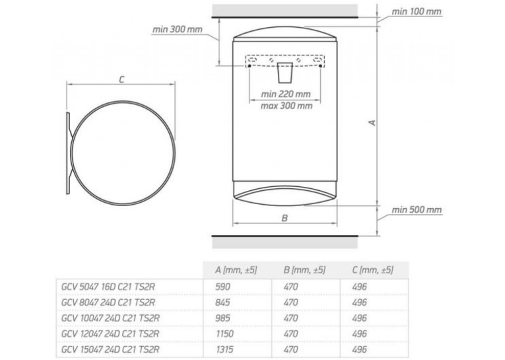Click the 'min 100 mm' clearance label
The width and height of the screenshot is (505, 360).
click(416, 12)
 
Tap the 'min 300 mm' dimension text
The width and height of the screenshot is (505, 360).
click(177, 30)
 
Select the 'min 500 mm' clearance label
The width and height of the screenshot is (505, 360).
click(416, 210)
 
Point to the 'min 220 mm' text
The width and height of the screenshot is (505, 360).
click(285, 94)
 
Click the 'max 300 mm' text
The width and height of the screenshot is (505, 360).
click(286, 106)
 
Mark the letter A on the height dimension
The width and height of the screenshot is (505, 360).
click(372, 123)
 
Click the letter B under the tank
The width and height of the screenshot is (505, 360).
click(285, 218)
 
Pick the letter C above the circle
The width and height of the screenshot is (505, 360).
click(121, 80)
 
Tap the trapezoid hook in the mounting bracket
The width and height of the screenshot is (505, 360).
click(285, 73)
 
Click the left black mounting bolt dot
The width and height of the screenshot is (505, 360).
click(250, 66)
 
